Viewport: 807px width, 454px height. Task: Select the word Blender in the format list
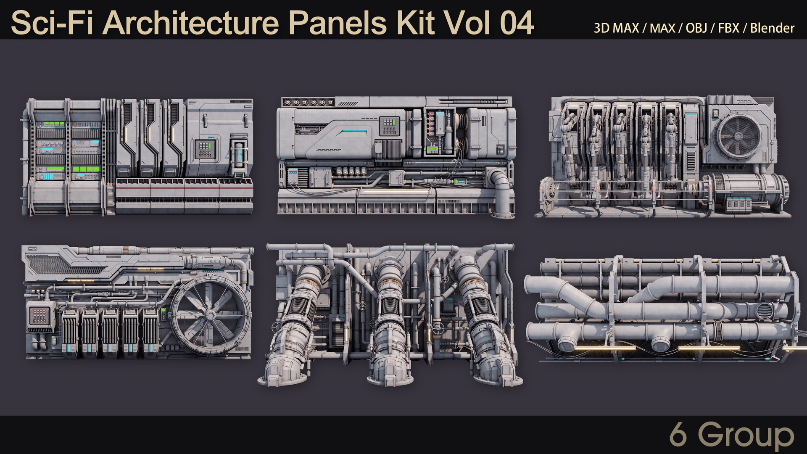(x=772, y=28)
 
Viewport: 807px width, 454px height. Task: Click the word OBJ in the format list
(x=696, y=28)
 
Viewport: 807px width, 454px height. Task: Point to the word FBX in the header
(x=728, y=28)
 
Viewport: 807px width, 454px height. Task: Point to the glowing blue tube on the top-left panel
(x=240, y=153)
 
